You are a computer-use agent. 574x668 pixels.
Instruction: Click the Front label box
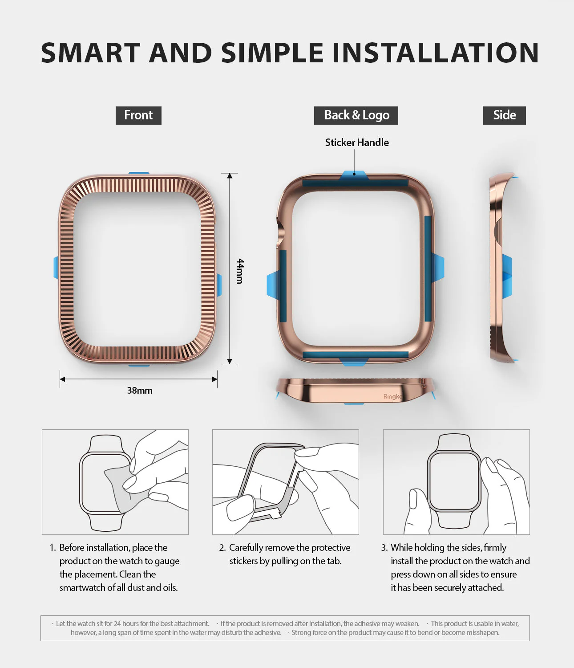(x=138, y=115)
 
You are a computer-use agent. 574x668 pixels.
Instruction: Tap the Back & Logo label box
(x=356, y=115)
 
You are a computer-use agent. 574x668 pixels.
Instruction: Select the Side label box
(x=504, y=115)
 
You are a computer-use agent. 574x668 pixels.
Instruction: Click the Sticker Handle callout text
(x=357, y=143)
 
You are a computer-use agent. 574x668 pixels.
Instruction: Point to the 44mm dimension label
(x=240, y=271)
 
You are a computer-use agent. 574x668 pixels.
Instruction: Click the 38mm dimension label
(x=140, y=391)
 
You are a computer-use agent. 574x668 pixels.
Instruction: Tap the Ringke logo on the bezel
(x=392, y=396)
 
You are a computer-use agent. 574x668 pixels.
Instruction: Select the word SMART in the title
(x=91, y=53)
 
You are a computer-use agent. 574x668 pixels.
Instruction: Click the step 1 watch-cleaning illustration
(x=115, y=482)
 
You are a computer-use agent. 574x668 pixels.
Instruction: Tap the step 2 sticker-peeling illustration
(x=286, y=482)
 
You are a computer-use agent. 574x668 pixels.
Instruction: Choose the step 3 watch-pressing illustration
(x=456, y=482)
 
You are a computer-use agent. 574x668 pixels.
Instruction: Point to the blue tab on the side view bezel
(x=507, y=276)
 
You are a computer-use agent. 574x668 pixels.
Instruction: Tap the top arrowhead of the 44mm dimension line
(x=230, y=176)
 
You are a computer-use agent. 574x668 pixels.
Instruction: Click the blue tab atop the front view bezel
(x=139, y=174)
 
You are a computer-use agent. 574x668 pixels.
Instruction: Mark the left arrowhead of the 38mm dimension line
(x=63, y=379)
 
